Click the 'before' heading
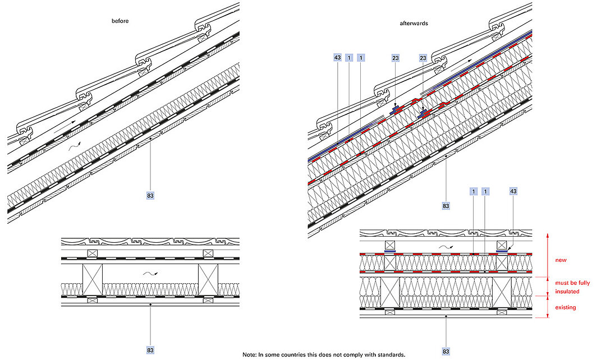click(x=121, y=21)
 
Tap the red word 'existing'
click(x=565, y=307)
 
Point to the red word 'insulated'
click(x=567, y=292)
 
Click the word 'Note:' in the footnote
click(x=250, y=354)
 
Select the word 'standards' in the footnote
click(x=391, y=354)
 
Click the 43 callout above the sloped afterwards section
click(x=337, y=57)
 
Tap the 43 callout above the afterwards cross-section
click(x=513, y=191)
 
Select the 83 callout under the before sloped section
click(x=150, y=195)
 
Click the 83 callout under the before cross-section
click(x=150, y=350)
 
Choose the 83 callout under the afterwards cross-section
click(x=446, y=351)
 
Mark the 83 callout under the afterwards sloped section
click(x=446, y=206)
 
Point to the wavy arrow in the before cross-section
click(x=150, y=274)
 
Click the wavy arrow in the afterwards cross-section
click(x=446, y=246)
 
